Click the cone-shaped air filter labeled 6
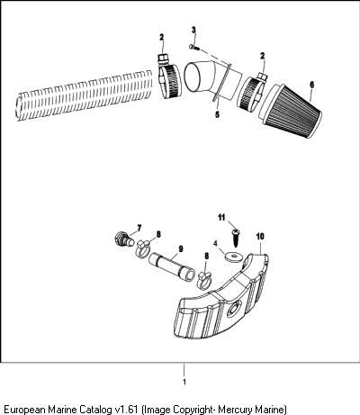291,111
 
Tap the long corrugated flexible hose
85,95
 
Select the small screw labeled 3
194,47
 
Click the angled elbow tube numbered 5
212,79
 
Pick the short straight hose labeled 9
172,267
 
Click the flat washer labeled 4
233,257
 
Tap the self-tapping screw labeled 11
236,239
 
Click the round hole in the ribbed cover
233,310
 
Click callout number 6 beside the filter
312,85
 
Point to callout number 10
260,236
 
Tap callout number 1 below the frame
184,382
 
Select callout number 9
181,249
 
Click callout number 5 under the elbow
217,114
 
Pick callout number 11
221,217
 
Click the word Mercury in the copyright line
235,410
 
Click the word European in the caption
23,410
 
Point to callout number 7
139,229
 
